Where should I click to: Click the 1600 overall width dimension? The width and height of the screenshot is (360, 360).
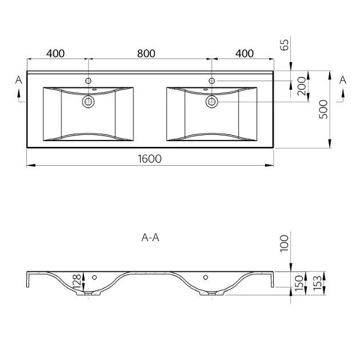tap(150, 159)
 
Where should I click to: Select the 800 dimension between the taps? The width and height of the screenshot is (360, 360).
tap(146, 54)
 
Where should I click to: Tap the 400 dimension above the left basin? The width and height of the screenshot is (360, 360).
tap(55, 54)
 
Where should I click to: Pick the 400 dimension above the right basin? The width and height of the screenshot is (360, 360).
tap(245, 54)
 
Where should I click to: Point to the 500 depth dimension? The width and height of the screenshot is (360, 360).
tap(323, 109)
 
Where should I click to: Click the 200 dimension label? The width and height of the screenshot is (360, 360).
tap(302, 86)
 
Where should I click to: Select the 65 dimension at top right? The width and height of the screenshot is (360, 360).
tap(284, 45)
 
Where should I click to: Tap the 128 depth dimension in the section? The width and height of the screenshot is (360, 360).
tap(77, 282)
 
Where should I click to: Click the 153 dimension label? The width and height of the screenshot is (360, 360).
tap(317, 283)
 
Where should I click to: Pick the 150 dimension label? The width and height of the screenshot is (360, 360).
tap(299, 283)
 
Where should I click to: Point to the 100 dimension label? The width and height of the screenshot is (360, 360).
tap(284, 243)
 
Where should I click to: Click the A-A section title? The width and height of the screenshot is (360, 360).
tap(150, 237)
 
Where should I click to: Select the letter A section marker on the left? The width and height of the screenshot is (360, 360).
tap(19, 80)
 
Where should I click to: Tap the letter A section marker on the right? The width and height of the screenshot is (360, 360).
tap(343, 80)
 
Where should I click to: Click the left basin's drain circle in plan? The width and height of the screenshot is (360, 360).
tap(89, 102)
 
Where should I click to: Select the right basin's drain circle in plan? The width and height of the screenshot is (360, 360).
tap(211, 102)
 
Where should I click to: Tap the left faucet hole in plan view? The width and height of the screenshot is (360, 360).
tap(89, 81)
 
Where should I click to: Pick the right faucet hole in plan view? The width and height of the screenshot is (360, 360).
tap(211, 81)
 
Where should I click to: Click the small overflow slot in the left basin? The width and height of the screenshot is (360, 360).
tap(94, 89)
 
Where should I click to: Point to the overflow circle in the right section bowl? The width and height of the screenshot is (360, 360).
tap(206, 277)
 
